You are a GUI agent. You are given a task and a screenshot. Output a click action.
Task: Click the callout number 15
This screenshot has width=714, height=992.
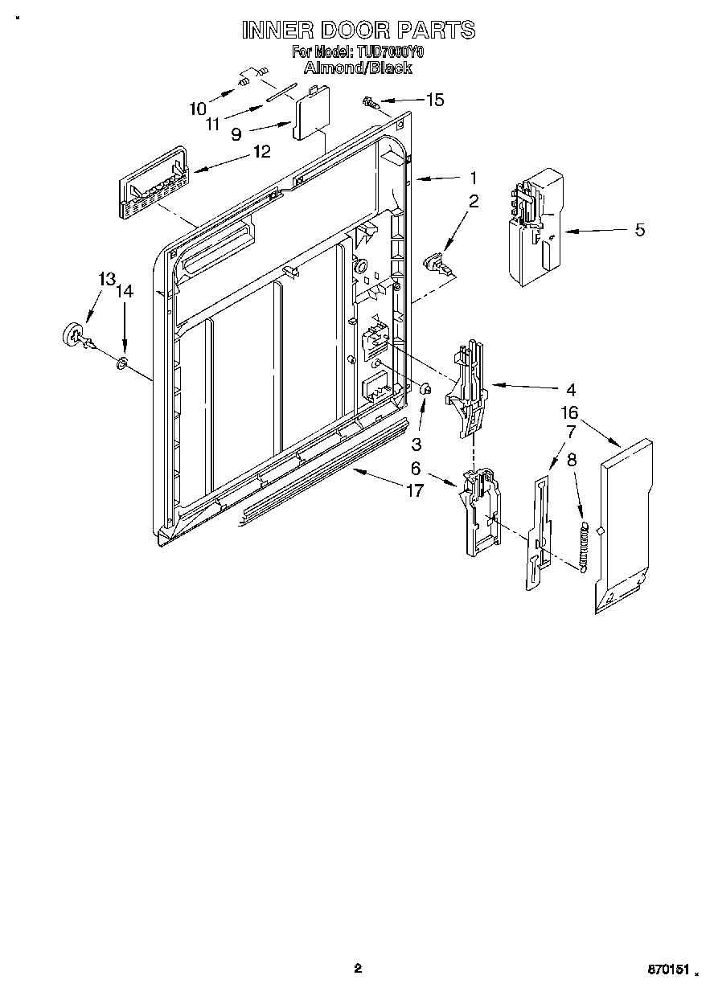pos(434,100)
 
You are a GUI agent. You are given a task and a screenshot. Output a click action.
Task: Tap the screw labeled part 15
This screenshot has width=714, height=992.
pos(371,101)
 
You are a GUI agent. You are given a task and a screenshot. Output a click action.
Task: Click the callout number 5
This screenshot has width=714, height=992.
pos(639,229)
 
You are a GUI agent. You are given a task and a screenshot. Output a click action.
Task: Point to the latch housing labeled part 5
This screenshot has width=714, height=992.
pos(531,228)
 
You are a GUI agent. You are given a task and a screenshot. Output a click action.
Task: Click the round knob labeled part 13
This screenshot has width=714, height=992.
pos(73,334)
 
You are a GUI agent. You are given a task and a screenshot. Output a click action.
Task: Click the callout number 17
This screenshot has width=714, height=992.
pos(414,490)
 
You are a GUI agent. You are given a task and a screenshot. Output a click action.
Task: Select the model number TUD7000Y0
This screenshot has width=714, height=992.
pos(391,52)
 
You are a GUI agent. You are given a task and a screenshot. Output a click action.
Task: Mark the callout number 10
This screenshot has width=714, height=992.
pos(198,108)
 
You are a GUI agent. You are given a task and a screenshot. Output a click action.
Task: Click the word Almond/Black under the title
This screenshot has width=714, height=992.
pos(359,68)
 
